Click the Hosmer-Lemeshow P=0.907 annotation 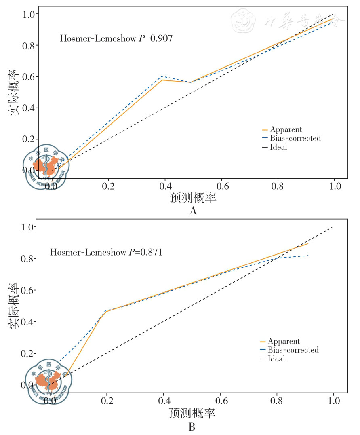tap(116, 39)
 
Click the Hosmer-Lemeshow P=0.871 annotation tap(106, 252)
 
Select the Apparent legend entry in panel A tap(286, 130)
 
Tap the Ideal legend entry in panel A tap(278, 147)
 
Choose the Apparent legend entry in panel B tap(284, 341)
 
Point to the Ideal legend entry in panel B tap(276, 359)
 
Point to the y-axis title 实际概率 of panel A tap(14, 93)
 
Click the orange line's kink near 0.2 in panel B tap(106, 311)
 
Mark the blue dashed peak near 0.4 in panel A tap(162, 76)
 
